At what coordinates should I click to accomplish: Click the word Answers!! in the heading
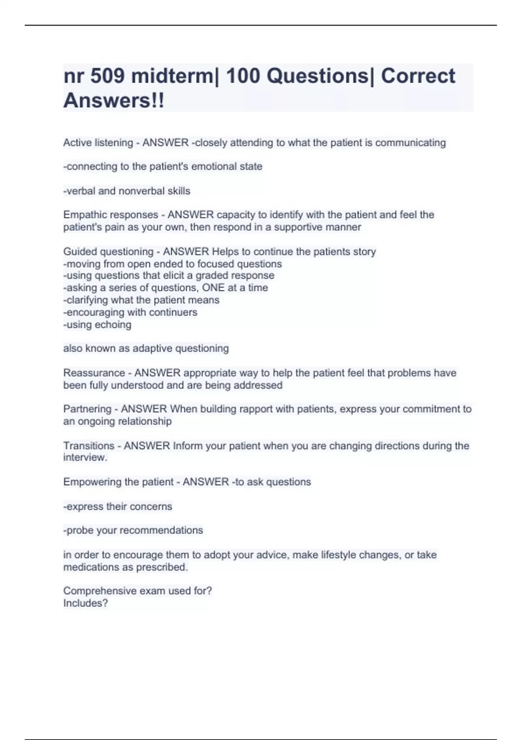pyautogui.click(x=114, y=101)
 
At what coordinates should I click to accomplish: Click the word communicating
pyautogui.click(x=410, y=143)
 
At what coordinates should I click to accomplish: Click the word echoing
pyautogui.click(x=116, y=325)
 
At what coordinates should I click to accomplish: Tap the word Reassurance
pyautogui.click(x=94, y=373)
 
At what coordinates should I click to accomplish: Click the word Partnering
pyautogui.click(x=87, y=409)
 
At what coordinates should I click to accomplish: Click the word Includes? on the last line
pyautogui.click(x=85, y=603)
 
